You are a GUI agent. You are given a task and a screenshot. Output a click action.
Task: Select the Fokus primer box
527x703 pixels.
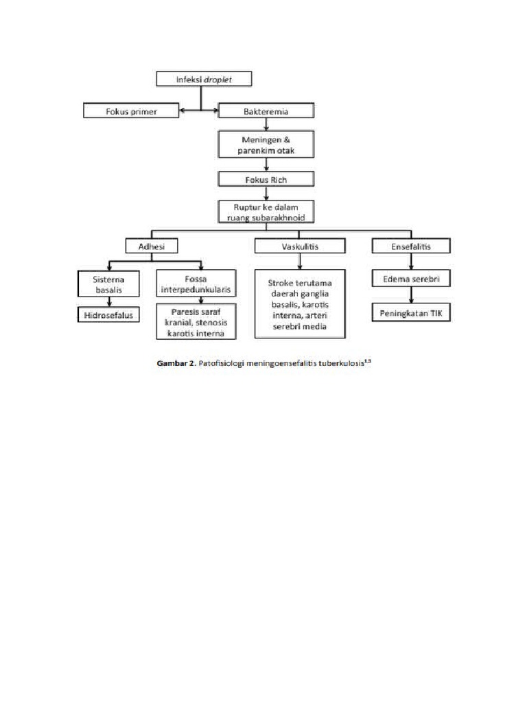[x=130, y=111]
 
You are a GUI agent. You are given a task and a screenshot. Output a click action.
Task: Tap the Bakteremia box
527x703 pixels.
[x=266, y=111]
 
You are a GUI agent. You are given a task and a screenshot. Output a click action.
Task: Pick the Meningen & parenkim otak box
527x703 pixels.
[x=266, y=146]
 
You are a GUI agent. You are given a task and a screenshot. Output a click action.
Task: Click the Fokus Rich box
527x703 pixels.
[x=266, y=180]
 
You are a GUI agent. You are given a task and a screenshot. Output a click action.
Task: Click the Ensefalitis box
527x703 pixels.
[x=411, y=245]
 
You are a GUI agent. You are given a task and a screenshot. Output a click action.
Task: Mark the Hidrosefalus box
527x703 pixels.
[x=108, y=315]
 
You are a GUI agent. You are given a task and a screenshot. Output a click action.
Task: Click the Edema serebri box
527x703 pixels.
[x=411, y=279]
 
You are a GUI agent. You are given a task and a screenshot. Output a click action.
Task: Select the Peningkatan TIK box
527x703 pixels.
[x=411, y=313]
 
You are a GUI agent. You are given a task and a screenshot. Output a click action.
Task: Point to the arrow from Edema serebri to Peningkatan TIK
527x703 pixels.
[x=411, y=296]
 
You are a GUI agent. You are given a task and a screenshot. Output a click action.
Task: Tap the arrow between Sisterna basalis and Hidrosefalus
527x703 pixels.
[x=108, y=303]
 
